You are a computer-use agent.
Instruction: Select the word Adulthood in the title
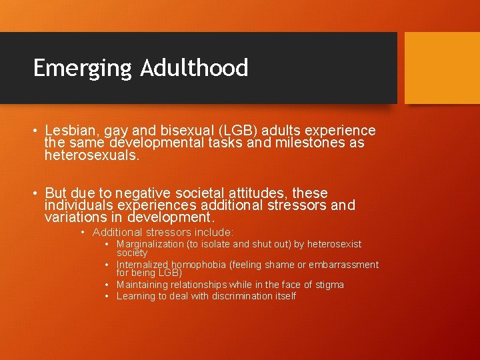click(x=194, y=68)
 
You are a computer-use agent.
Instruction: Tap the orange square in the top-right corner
click(x=442, y=67)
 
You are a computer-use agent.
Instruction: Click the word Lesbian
click(x=70, y=131)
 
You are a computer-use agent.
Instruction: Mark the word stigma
click(x=327, y=285)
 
